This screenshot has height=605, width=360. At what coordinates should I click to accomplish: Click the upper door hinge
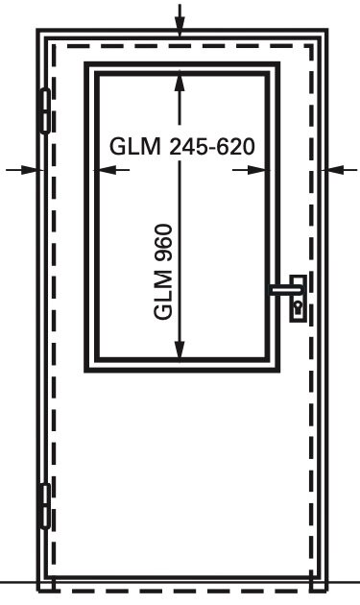click(45, 110)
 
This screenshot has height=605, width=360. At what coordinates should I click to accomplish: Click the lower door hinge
click(45, 506)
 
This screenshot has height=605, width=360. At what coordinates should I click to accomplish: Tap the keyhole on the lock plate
click(299, 308)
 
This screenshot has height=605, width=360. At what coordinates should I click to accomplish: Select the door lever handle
click(286, 289)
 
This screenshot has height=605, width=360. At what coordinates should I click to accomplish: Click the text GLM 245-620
click(182, 147)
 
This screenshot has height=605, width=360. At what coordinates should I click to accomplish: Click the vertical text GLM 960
click(162, 272)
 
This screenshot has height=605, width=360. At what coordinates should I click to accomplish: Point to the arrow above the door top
click(180, 19)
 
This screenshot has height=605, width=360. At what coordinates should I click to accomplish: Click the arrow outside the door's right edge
click(343, 169)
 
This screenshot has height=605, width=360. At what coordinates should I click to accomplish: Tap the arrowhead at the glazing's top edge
click(180, 82)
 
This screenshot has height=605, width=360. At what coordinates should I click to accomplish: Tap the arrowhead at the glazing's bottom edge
click(180, 351)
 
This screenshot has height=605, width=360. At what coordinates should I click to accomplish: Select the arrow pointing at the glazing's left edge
click(112, 170)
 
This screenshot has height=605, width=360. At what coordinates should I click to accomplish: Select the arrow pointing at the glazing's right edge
click(250, 170)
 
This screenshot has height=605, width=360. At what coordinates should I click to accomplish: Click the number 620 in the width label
click(235, 147)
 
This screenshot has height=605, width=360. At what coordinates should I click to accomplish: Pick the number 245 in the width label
click(188, 147)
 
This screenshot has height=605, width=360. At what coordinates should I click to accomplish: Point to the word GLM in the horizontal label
click(134, 147)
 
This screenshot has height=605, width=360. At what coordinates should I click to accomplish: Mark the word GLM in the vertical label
click(162, 295)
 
